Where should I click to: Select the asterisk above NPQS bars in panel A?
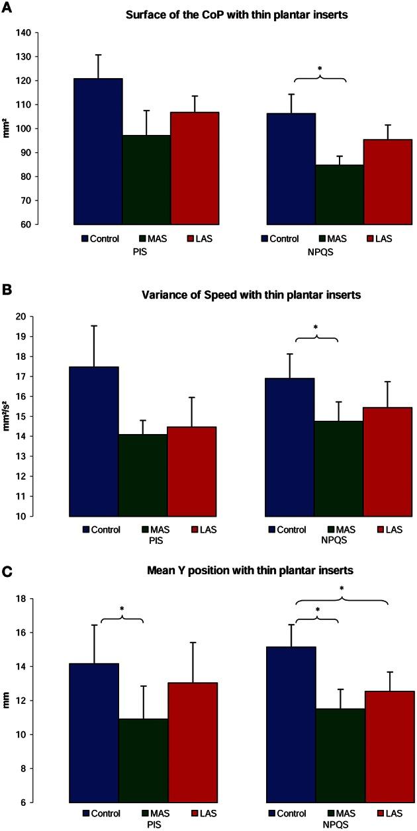point(320,68)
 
